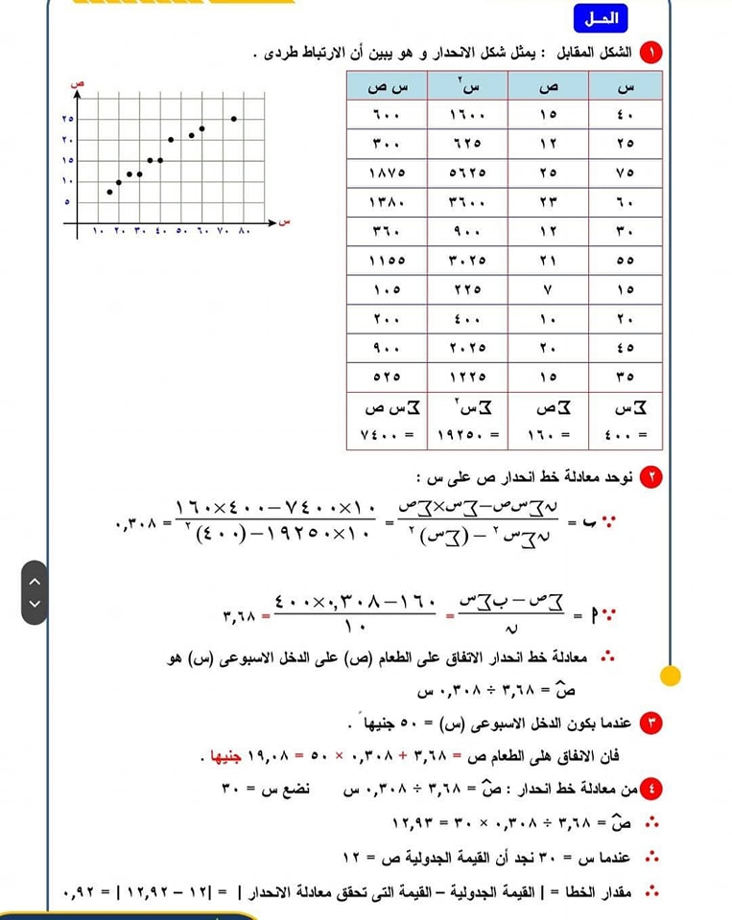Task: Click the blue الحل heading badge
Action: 601,18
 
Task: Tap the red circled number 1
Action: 653,52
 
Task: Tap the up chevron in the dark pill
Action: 35,581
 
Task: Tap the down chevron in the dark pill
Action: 35,604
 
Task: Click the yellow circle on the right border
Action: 671,676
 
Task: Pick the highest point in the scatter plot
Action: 233,119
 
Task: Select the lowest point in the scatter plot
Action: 109,192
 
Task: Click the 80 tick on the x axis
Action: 243,233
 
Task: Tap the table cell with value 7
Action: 548,289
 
